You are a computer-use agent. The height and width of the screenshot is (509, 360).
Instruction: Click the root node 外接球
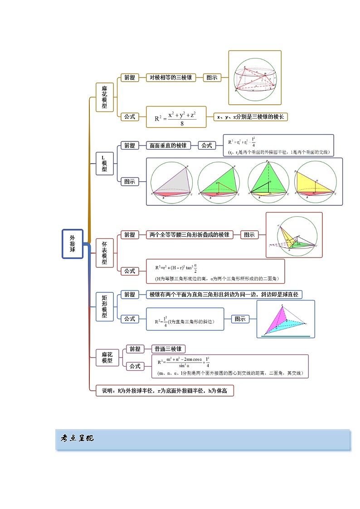point(73,244)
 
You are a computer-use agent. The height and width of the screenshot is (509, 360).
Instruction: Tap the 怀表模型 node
point(105,252)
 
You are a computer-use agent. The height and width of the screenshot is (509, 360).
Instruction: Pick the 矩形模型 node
point(105,306)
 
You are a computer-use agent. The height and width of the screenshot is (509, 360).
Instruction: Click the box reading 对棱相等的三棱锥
point(171,78)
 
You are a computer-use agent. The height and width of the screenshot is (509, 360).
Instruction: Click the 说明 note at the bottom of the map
point(165,391)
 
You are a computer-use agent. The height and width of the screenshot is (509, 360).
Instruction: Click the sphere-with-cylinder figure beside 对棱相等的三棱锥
point(255,78)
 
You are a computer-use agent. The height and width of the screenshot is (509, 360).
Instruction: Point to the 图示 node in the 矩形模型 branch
point(240,319)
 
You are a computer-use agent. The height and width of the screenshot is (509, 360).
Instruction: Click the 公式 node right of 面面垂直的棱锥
point(207,145)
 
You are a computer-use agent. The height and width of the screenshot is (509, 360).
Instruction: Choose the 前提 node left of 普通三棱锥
point(135,349)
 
